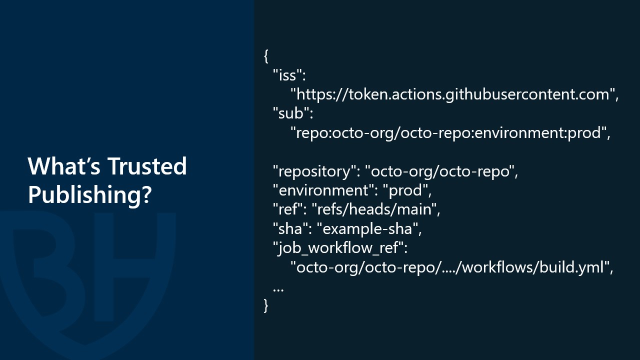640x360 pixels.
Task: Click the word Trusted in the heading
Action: coord(147,166)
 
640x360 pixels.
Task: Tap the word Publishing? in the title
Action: coord(89,195)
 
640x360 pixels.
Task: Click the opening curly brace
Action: coord(266,55)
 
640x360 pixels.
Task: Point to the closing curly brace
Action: coord(266,305)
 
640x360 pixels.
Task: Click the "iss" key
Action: coord(289,75)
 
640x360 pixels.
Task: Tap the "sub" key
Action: coord(293,113)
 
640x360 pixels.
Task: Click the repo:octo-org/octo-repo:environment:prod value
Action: coord(450,133)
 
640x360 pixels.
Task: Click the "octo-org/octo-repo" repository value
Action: coord(441,171)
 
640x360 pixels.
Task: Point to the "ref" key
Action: coord(290,209)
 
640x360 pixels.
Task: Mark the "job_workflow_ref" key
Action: coord(340,248)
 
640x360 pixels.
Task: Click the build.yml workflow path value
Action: coord(451,267)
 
